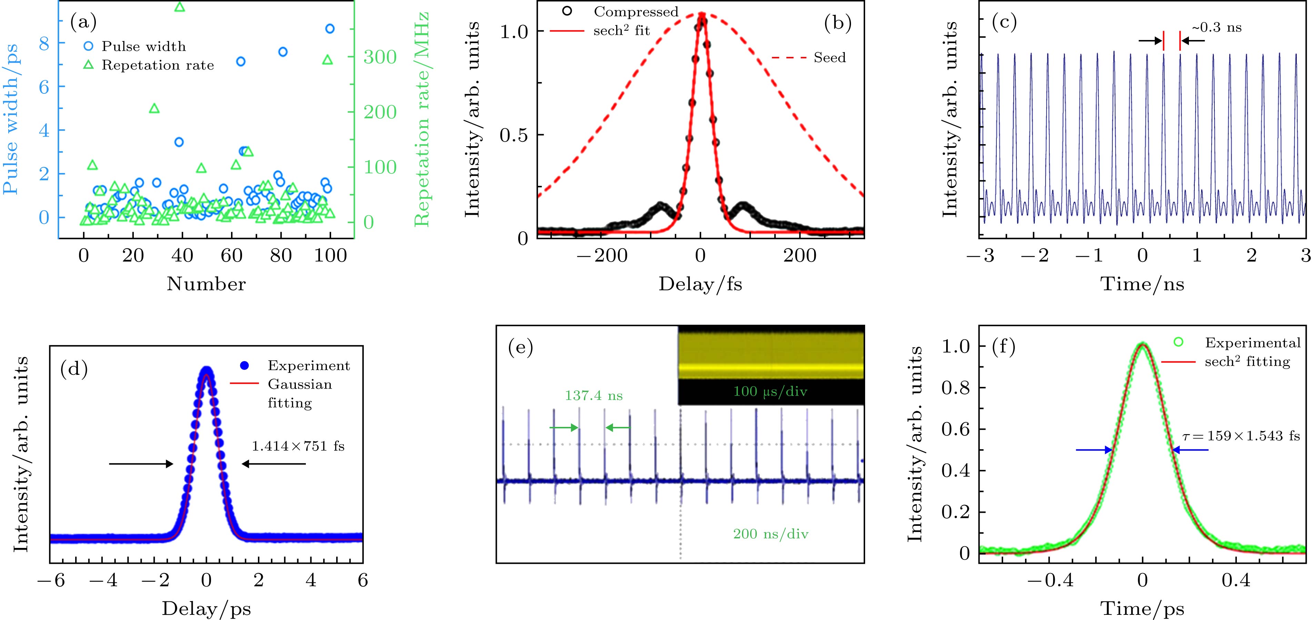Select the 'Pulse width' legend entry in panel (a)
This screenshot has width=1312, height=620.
click(144, 46)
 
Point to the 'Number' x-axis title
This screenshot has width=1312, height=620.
click(206, 284)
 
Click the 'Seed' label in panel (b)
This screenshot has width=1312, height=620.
click(829, 58)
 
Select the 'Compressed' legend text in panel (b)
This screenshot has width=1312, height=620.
click(635, 12)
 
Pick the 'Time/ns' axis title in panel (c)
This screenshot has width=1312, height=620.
click(1142, 284)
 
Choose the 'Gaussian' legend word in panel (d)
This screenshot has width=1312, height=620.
click(300, 384)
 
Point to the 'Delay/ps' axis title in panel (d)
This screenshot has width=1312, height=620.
click(206, 609)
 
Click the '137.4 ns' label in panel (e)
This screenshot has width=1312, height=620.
click(593, 395)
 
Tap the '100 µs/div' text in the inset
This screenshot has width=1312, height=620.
click(770, 391)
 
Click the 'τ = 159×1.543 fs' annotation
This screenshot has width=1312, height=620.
click(1241, 436)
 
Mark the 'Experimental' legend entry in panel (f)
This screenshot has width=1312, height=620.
click(1252, 343)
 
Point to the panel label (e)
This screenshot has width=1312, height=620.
click(521, 348)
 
